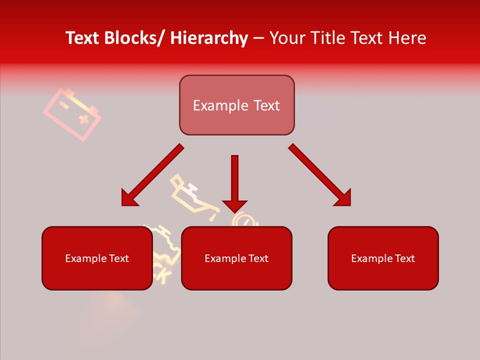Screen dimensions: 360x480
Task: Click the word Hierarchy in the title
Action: point(209,38)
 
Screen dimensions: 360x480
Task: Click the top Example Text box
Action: point(236,105)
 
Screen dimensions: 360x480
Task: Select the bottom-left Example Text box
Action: point(97,258)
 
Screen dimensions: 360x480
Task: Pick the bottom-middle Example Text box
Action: point(236,258)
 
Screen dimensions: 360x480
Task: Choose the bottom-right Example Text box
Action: point(383,258)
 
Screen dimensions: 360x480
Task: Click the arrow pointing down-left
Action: point(152,175)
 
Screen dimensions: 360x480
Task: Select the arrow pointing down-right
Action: point(320,175)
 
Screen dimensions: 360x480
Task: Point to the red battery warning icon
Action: point(71,114)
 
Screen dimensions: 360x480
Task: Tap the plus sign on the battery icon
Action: point(84,119)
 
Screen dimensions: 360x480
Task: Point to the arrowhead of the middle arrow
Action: point(234,205)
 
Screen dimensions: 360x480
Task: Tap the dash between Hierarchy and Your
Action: point(258,38)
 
